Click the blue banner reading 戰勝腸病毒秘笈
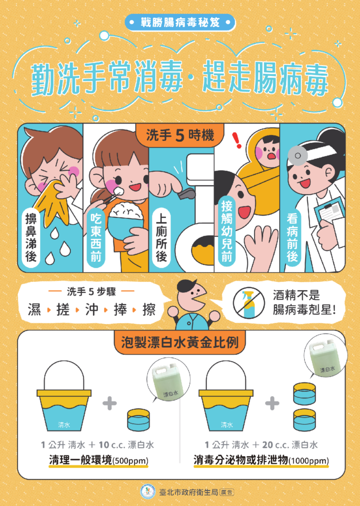180,23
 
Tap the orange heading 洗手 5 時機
180,135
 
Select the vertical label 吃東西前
96,237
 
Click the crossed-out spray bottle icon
249,303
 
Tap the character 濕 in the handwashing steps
35,309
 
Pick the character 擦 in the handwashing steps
149,309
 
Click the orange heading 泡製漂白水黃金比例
180,343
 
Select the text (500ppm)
130,460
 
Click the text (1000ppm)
309,460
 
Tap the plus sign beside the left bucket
110,404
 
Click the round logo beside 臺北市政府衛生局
148,492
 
